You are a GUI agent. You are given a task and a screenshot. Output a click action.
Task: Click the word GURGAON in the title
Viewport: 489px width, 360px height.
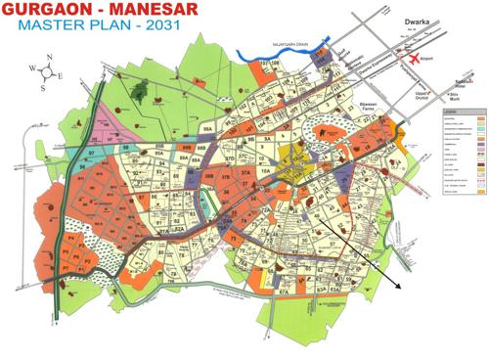pyautogui.click(x=49, y=12)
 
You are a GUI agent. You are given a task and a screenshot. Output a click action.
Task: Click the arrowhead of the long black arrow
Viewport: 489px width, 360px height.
pyautogui.click(x=399, y=290)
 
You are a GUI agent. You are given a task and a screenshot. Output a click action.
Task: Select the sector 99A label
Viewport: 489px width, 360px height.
pyautogui.click(x=206, y=127)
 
